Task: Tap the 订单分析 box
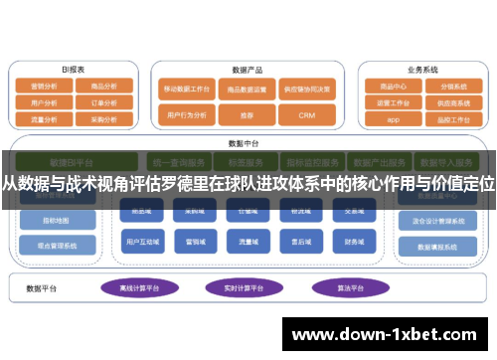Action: pos(103,101)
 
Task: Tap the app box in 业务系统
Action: pos(393,118)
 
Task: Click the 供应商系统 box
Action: pos(452,102)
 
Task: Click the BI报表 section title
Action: pos(73,70)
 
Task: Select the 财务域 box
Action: pos(356,241)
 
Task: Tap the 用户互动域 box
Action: pos(139,241)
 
